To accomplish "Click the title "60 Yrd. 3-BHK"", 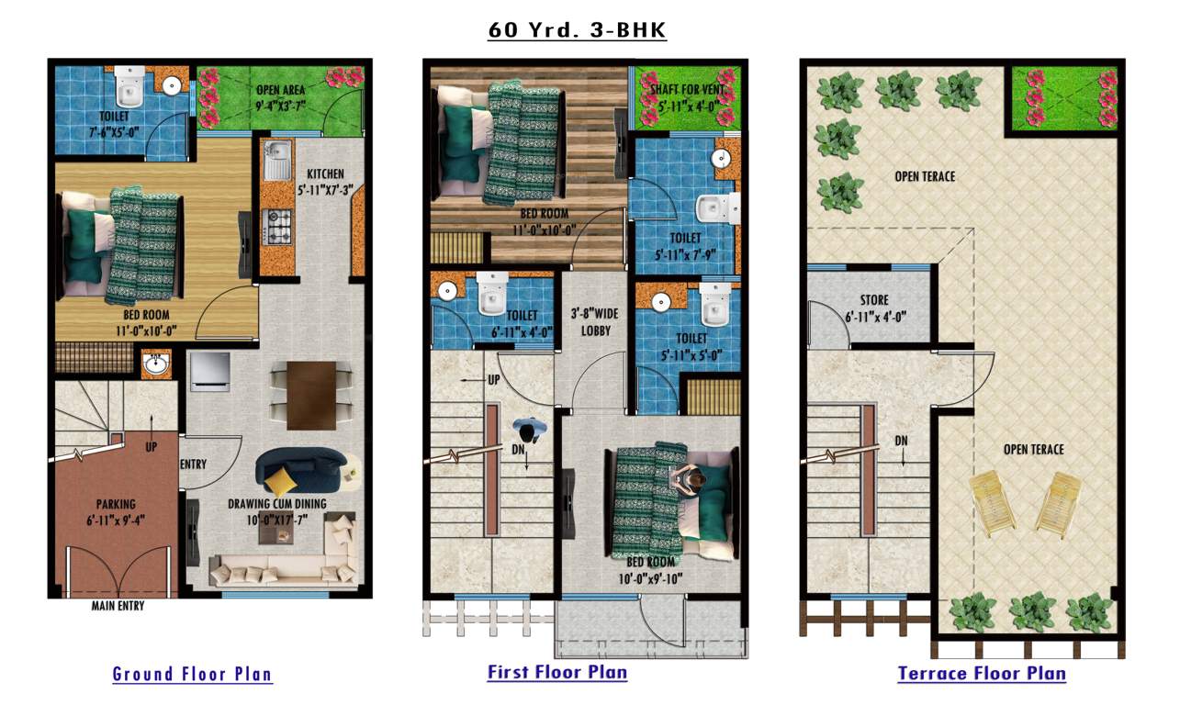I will (x=577, y=30).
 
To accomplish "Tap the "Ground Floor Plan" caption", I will (x=192, y=674).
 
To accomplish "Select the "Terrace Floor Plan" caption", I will (x=982, y=674).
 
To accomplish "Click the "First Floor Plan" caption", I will (x=557, y=672).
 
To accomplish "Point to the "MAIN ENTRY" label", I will (x=118, y=606).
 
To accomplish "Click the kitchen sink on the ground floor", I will (x=276, y=162).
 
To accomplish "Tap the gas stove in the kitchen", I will (x=277, y=223).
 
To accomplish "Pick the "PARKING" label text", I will (x=116, y=504).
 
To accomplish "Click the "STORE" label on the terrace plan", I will (x=874, y=300).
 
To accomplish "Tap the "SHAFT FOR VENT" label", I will (x=689, y=89).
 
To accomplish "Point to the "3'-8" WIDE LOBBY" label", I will (x=595, y=321).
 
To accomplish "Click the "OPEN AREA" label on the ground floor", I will (x=280, y=90).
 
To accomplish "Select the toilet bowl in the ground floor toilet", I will (x=127, y=88).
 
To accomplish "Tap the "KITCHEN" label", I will (x=326, y=173).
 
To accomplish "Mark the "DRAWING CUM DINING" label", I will (x=278, y=503).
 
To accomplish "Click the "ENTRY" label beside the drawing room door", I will (x=194, y=464).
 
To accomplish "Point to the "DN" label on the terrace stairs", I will (x=902, y=441).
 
